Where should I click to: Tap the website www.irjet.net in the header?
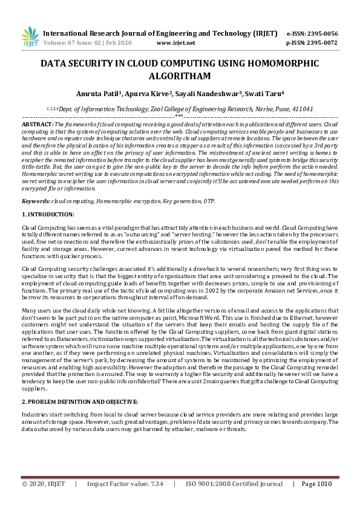click(175, 44)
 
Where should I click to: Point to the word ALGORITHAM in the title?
click(179, 76)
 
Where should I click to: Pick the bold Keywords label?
click(36, 200)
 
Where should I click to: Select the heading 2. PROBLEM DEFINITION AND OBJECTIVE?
click(80, 402)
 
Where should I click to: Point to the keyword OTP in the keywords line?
click(208, 200)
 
